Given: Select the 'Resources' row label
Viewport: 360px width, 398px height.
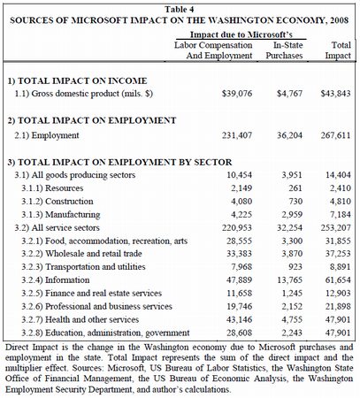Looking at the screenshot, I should click(57, 188).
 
